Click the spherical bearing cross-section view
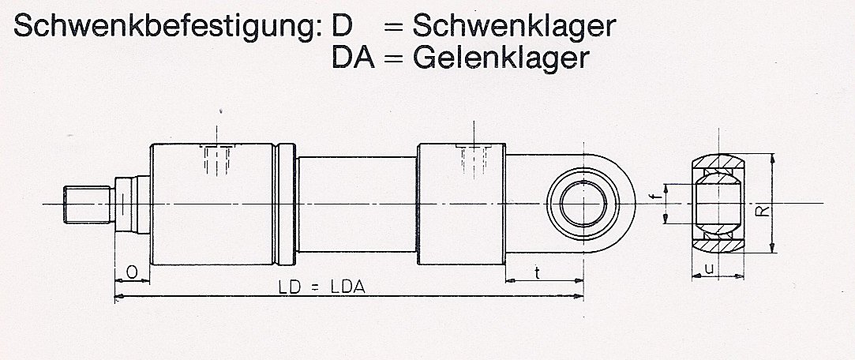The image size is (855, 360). coord(718,204)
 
